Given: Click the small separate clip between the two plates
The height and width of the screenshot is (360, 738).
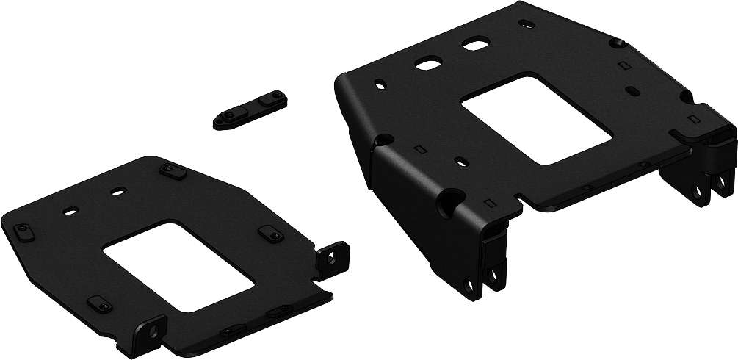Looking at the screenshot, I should [x=250, y=109].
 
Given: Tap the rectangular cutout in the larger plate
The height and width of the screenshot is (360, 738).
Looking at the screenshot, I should [x=536, y=117].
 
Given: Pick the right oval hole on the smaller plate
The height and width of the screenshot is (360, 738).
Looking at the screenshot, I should [x=116, y=192].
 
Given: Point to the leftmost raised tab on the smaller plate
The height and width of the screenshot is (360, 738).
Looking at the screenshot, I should [x=21, y=234].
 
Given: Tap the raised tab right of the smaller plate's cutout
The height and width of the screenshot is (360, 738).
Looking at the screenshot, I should [x=269, y=234].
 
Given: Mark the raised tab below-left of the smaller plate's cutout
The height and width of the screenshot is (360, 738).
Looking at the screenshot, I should [x=98, y=304].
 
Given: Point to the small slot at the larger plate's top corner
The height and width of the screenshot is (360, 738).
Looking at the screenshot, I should [x=527, y=24].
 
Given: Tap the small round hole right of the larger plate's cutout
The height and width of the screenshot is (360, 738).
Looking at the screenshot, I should [x=632, y=91].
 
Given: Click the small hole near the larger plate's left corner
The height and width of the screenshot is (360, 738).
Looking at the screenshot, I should [x=380, y=83].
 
